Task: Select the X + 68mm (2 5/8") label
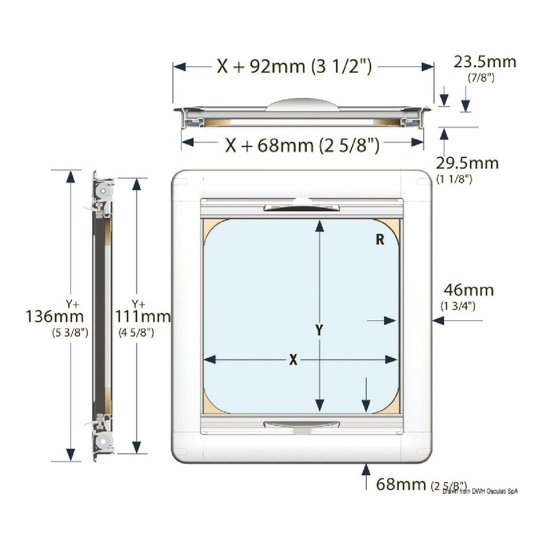[x=302, y=145]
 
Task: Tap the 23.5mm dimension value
[x=484, y=62]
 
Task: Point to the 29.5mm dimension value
[x=467, y=163]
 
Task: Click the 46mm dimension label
[x=469, y=290]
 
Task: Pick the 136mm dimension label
[x=55, y=316]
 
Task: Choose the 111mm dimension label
[x=143, y=316]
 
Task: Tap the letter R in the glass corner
[x=380, y=240]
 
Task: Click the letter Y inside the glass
[x=319, y=330]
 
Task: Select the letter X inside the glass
[x=293, y=360]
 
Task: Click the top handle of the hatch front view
[x=301, y=207]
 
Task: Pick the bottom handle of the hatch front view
[x=301, y=425]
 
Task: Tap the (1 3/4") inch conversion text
[x=458, y=306]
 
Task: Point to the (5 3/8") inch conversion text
[x=70, y=332]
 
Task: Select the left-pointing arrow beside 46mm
[x=438, y=320]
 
